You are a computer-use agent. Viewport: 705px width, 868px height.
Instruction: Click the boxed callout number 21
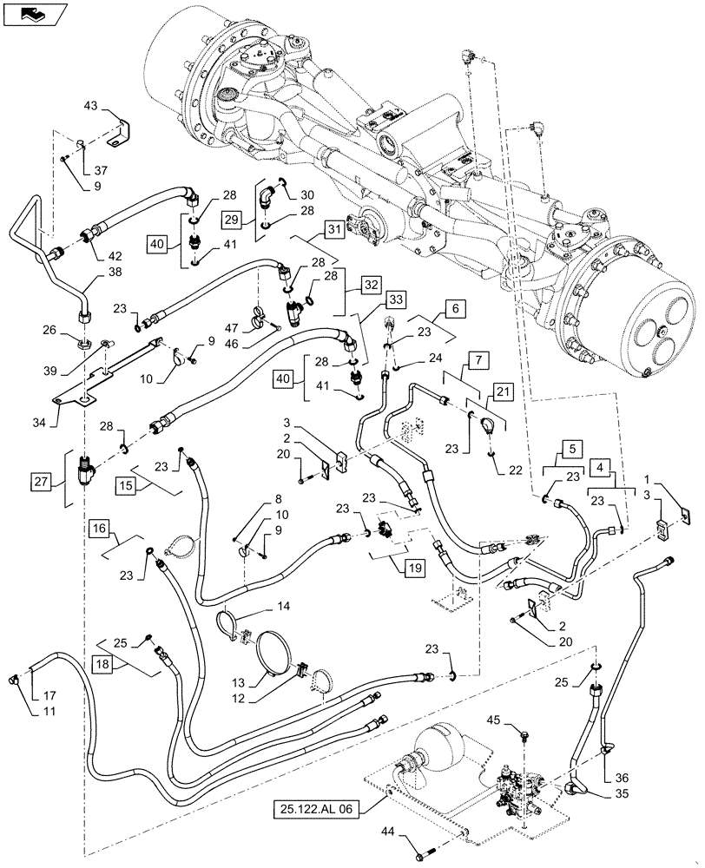pyautogui.click(x=504, y=393)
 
